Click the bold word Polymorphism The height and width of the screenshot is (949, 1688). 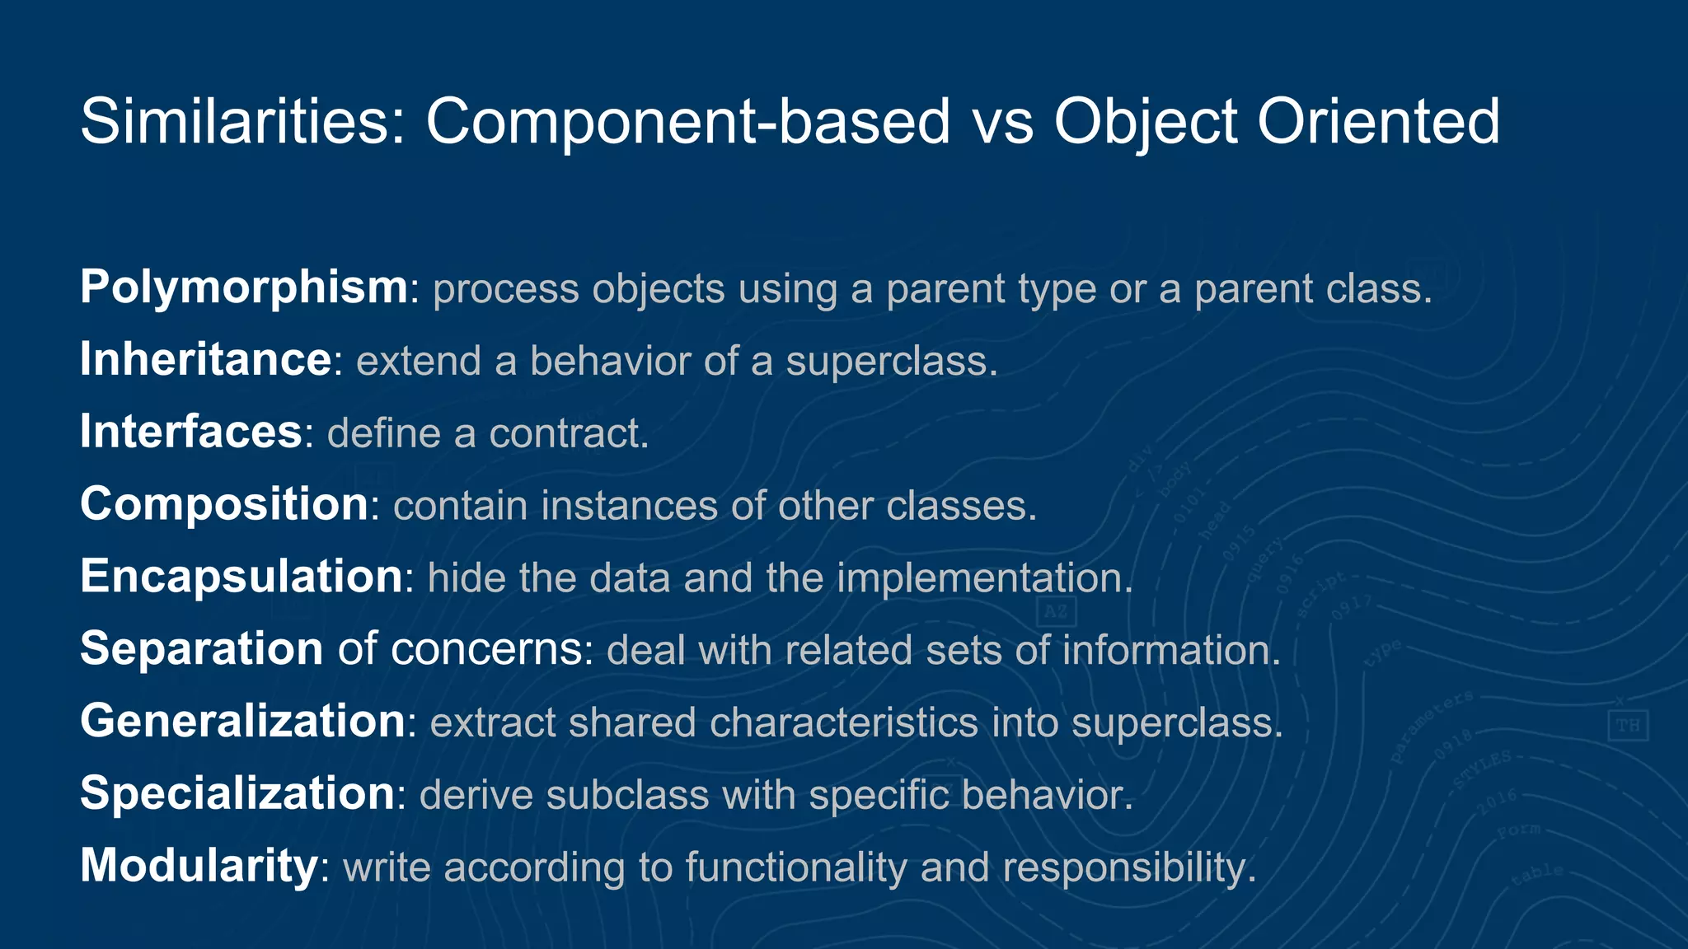tap(243, 288)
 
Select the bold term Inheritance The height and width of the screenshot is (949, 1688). tap(205, 360)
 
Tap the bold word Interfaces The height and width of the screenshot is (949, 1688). tap(191, 432)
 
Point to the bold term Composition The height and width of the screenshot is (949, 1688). tap(223, 504)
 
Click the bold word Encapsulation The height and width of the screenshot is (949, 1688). tap(241, 577)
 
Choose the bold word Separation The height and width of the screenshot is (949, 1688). tap(201, 648)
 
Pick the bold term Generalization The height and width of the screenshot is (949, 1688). tap(242, 721)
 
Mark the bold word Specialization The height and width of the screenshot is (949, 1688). tap(237, 793)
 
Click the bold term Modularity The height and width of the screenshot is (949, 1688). tap(199, 866)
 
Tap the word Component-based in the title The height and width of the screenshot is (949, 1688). tap(688, 122)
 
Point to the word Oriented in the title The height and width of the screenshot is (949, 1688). tap(1378, 122)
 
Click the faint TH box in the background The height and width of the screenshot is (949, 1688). tap(1628, 725)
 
